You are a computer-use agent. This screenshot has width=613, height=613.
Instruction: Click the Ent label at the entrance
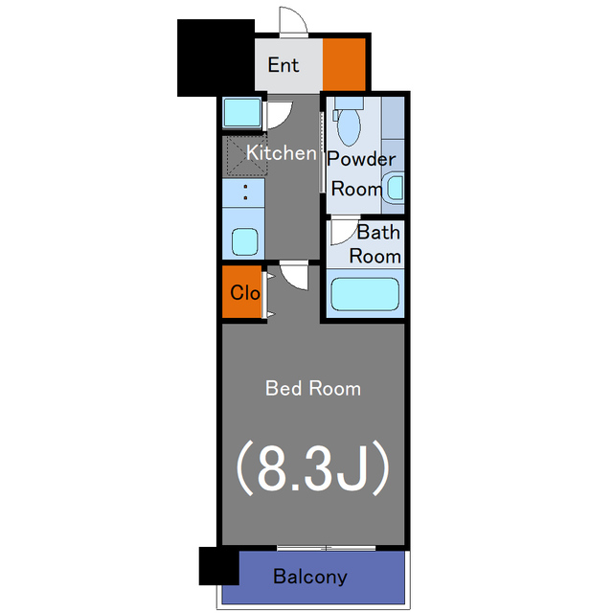coord(284,65)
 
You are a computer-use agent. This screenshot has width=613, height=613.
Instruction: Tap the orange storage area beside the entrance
coord(344,64)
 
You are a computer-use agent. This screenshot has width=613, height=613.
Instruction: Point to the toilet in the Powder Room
coord(348,122)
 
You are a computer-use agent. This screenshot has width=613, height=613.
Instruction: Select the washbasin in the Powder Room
coord(394,188)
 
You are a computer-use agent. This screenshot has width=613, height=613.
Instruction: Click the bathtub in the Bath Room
coord(365,294)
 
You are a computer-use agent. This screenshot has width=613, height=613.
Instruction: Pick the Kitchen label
coord(281,153)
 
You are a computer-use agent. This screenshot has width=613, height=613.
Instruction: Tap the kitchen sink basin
coord(245,241)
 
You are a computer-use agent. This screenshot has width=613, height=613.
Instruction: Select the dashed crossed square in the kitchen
coord(247,155)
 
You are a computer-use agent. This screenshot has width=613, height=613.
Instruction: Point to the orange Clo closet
coord(242,291)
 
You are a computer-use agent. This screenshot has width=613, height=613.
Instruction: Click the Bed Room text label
coord(313,389)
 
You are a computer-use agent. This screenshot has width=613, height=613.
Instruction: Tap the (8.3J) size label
coord(313,468)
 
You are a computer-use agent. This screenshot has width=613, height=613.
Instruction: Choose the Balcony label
coord(310,577)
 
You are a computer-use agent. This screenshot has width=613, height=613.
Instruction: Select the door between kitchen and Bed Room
coord(294,277)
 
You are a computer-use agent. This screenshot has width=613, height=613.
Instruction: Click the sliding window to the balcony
coord(327,548)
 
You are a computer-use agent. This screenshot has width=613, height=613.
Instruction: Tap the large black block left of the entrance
coord(216,57)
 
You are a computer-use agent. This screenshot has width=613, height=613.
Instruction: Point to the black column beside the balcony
coord(219,566)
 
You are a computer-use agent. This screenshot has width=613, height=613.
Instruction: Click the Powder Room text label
coord(361,174)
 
